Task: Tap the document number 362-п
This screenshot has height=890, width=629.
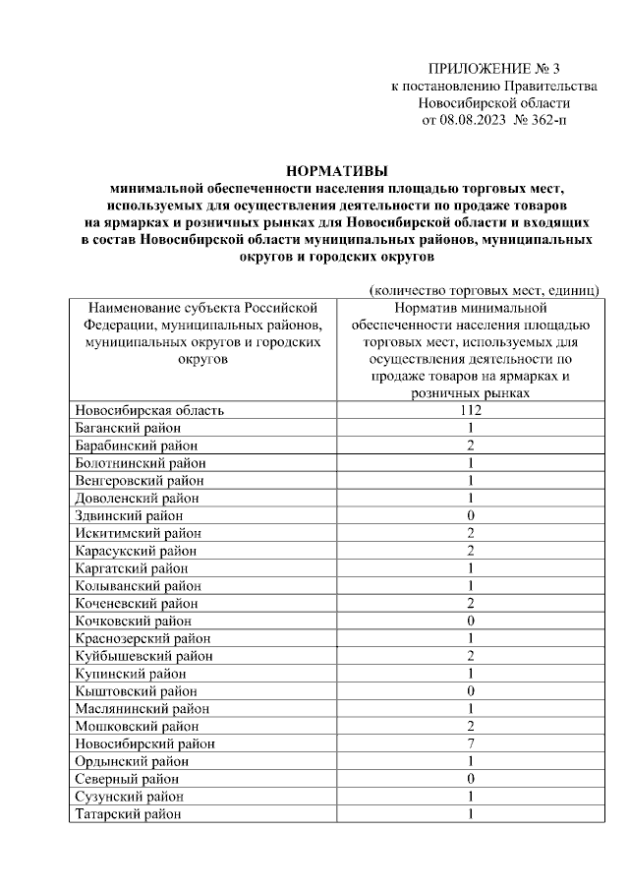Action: (546, 121)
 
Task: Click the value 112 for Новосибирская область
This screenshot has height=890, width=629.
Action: (470, 410)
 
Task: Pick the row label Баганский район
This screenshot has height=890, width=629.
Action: (128, 428)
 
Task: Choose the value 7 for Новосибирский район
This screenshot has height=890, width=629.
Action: (471, 743)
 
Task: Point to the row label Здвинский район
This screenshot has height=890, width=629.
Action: (129, 515)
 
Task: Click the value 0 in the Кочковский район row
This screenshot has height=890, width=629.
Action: (471, 621)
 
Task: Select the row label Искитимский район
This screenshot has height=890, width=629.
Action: (137, 533)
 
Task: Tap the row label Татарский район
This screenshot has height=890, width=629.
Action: (128, 813)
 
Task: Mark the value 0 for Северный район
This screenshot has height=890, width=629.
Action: (471, 779)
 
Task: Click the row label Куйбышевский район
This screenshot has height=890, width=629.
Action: (143, 656)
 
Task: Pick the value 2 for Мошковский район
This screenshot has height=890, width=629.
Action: (471, 726)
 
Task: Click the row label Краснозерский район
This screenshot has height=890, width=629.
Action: (143, 638)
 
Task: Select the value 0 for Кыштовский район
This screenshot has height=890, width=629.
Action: (471, 691)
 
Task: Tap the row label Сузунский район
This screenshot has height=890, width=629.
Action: (129, 797)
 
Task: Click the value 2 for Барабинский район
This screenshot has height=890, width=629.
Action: (471, 445)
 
